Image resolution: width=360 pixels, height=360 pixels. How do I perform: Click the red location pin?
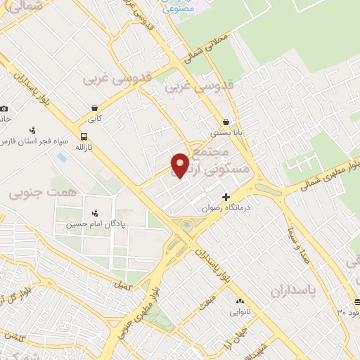pyautogui.click(x=181, y=165)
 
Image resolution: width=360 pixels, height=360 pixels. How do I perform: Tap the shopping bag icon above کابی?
pyautogui.click(x=94, y=108)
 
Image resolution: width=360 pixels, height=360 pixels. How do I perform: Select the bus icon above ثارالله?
pyautogui.click(x=85, y=136)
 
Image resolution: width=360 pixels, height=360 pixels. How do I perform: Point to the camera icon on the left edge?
pyautogui.click(x=4, y=108)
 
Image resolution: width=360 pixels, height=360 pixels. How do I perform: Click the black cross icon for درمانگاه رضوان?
pyautogui.click(x=226, y=197)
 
